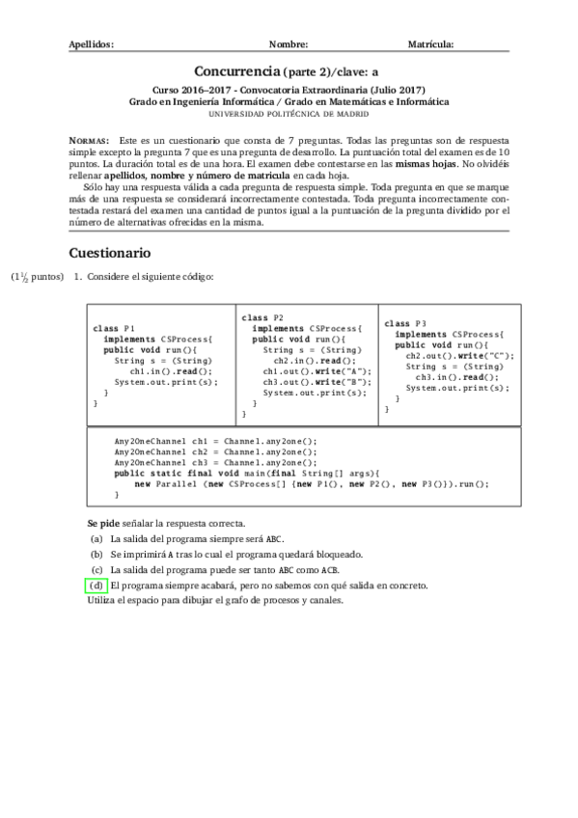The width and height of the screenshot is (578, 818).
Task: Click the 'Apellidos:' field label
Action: point(92,44)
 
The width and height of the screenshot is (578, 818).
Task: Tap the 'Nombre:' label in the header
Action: point(289,44)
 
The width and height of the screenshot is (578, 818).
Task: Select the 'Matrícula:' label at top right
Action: point(431,44)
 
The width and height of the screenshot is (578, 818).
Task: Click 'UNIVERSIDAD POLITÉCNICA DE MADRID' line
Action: point(289,113)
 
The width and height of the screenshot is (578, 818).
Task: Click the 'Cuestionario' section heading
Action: point(109,253)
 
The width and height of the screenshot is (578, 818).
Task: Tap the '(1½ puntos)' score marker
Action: point(37,277)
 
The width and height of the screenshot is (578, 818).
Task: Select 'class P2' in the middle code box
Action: point(262,317)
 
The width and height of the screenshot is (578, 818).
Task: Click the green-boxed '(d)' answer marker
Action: point(96,586)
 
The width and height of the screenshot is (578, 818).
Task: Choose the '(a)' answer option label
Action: point(96,539)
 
